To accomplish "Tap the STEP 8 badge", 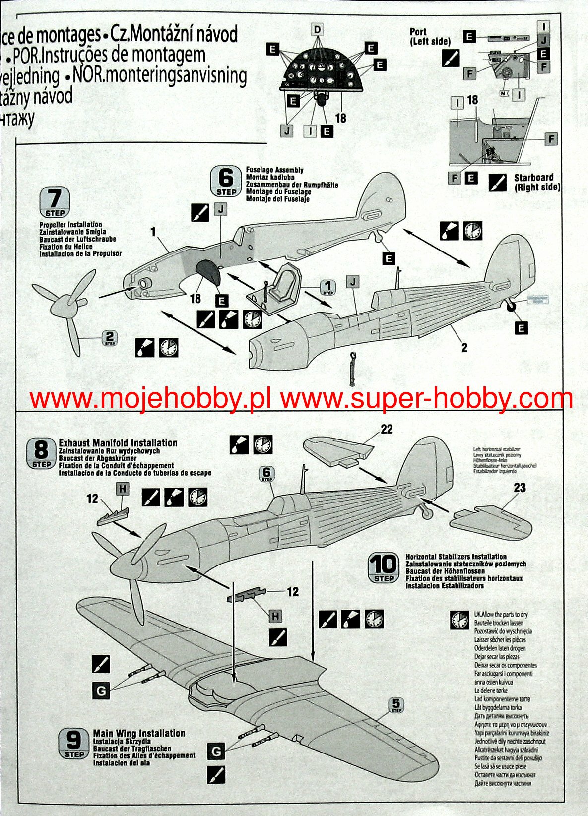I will pyautogui.click(x=42, y=454).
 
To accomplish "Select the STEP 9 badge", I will pyautogui.click(x=74, y=744).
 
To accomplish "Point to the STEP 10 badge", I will pyautogui.click(x=384, y=567).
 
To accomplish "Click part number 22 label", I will pyautogui.click(x=387, y=429).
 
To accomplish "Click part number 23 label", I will pyautogui.click(x=519, y=488).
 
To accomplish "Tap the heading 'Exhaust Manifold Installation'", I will pyautogui.click(x=118, y=442).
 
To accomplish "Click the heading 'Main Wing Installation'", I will pyautogui.click(x=139, y=733).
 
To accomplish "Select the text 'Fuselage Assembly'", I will pyautogui.click(x=274, y=170).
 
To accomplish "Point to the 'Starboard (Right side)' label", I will pyautogui.click(x=537, y=182).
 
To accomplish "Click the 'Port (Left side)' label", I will pyautogui.click(x=430, y=37).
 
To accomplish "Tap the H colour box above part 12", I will pyautogui.click(x=123, y=489).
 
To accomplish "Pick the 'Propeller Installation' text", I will pyautogui.click(x=70, y=225).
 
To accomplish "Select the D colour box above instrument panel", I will pyautogui.click(x=317, y=30).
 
